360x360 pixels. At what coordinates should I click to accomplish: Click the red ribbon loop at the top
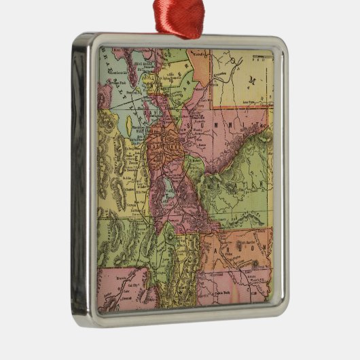181,17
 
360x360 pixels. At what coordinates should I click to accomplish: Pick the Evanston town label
224,66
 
